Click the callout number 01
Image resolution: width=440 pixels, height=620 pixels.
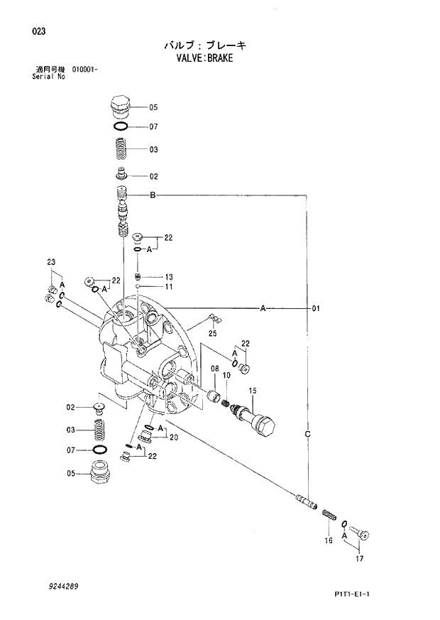tap(316, 308)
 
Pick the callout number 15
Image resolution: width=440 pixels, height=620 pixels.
tap(251, 391)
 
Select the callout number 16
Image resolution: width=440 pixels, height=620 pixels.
tap(329, 541)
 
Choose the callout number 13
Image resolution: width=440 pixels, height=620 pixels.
tap(169, 276)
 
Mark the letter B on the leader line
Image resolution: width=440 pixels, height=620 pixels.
tap(152, 195)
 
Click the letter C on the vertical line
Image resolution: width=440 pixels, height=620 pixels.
tap(307, 433)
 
